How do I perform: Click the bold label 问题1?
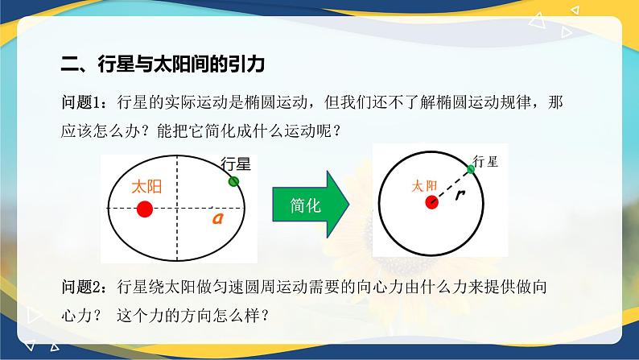pyautogui.click(x=84, y=104)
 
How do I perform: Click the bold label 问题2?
pyautogui.click(x=84, y=287)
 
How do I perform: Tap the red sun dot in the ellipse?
pyautogui.click(x=145, y=209)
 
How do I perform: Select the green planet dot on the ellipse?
pyautogui.click(x=234, y=181)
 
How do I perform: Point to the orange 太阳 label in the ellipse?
pyautogui.click(x=146, y=187)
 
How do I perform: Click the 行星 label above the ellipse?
pyautogui.click(x=237, y=164)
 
